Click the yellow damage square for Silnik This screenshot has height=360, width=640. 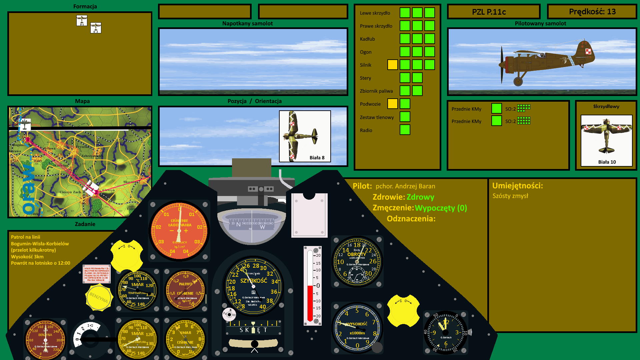(x=392, y=65)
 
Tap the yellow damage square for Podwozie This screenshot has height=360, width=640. (x=392, y=104)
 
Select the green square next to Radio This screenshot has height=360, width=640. (x=405, y=130)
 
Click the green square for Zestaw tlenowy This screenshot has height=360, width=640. (x=405, y=117)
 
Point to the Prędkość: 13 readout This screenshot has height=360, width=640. (x=592, y=12)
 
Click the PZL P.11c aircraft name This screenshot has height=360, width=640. (x=489, y=12)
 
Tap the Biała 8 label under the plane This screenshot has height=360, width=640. (x=317, y=158)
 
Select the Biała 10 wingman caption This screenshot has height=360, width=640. (x=607, y=162)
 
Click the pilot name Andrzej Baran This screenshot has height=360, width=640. (x=405, y=186)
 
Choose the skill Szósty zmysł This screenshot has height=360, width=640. (x=510, y=196)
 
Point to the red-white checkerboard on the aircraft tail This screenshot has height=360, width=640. (x=588, y=51)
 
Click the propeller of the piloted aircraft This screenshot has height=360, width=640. (x=502, y=65)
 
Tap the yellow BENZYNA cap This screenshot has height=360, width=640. (x=98, y=297)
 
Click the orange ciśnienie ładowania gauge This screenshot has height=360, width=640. (x=179, y=231)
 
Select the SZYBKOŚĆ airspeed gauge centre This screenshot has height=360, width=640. (x=253, y=286)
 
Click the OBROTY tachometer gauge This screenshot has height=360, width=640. (x=357, y=262)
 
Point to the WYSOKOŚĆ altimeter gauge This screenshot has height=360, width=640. (x=357, y=328)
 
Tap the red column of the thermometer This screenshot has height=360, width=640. (x=310, y=302)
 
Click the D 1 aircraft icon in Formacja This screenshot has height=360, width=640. (x=82, y=21)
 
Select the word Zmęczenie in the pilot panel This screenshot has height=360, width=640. (x=393, y=208)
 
